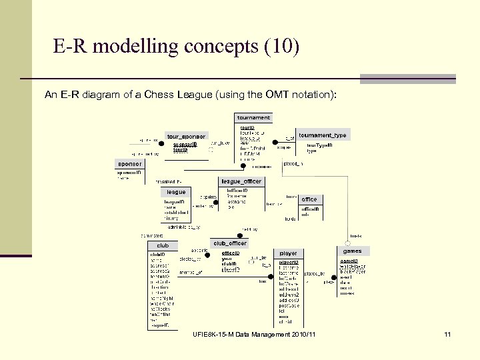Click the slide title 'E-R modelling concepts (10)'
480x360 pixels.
pos(177,47)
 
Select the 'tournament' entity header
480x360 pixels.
pos(254,118)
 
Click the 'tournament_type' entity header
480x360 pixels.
pos(323,135)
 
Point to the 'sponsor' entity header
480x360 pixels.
pos(130,163)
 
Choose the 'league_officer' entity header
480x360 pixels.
pos(241,181)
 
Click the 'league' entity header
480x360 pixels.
pos(177,192)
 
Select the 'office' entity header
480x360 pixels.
pos(309,199)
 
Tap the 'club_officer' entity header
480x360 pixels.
pos(230,243)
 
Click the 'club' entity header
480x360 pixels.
pos(163,245)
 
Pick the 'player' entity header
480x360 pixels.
pos(289,253)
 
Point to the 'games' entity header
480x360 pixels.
pos(352,251)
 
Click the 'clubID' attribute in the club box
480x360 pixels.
pos(158,254)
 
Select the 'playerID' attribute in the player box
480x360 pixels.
pos(288,261)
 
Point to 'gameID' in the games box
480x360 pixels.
pos(350,261)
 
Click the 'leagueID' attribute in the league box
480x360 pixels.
pos(173,201)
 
